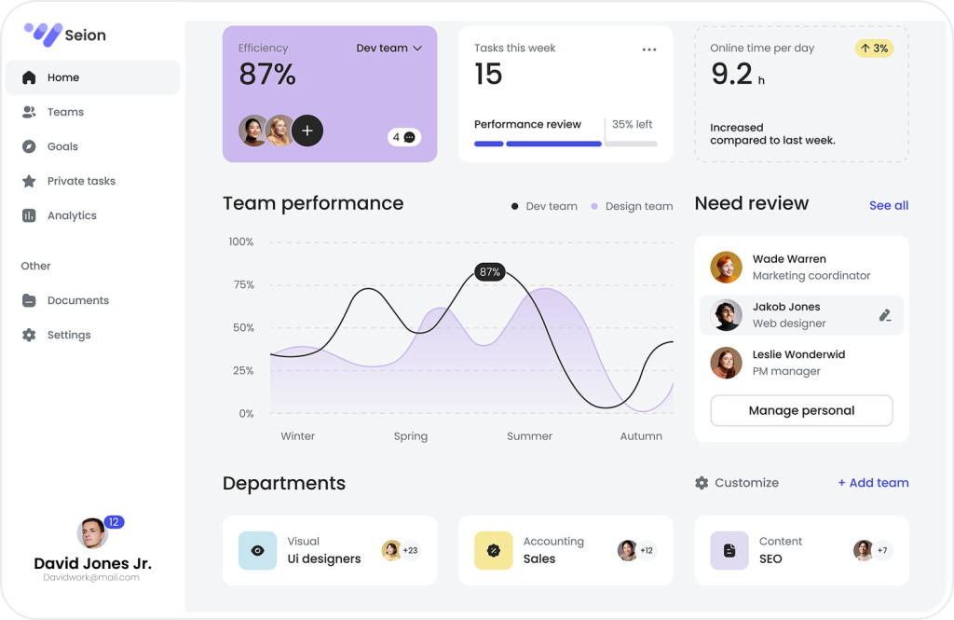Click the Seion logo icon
(x=43, y=34)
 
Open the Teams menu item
(x=65, y=112)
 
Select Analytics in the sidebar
(x=72, y=215)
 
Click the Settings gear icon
(x=29, y=335)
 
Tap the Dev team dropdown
(x=388, y=48)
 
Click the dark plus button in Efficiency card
(x=307, y=131)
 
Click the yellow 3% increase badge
(x=874, y=48)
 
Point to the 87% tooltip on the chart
(x=489, y=272)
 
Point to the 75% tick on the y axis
(x=241, y=284)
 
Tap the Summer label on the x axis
(x=529, y=436)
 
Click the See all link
(x=889, y=205)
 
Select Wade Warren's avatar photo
(x=726, y=268)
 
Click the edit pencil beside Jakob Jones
(x=885, y=315)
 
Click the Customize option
(x=737, y=483)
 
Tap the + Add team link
(x=873, y=483)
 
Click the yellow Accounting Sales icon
(x=494, y=550)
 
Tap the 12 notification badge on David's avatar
(x=114, y=522)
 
